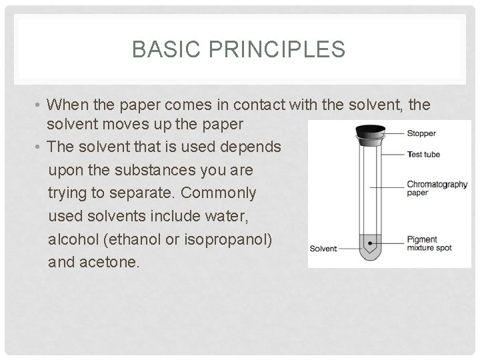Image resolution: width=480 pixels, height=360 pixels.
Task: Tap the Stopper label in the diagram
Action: point(421,133)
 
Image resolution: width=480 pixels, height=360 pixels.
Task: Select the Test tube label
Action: point(423,155)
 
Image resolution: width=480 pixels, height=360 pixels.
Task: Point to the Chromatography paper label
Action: point(437,188)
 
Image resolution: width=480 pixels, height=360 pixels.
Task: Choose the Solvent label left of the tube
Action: point(324,249)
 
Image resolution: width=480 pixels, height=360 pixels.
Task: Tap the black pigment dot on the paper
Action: point(370,237)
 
